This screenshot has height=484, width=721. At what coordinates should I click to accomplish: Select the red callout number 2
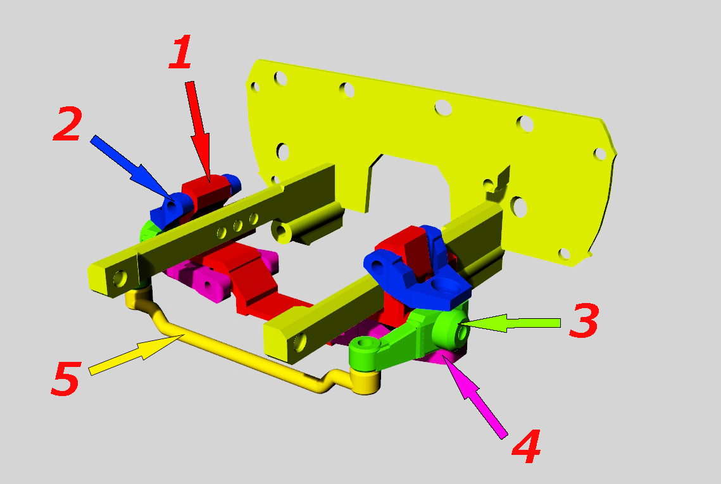pos(68,123)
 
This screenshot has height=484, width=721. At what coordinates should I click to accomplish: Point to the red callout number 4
pos(526,446)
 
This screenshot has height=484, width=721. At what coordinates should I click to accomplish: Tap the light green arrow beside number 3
pos(511,323)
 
